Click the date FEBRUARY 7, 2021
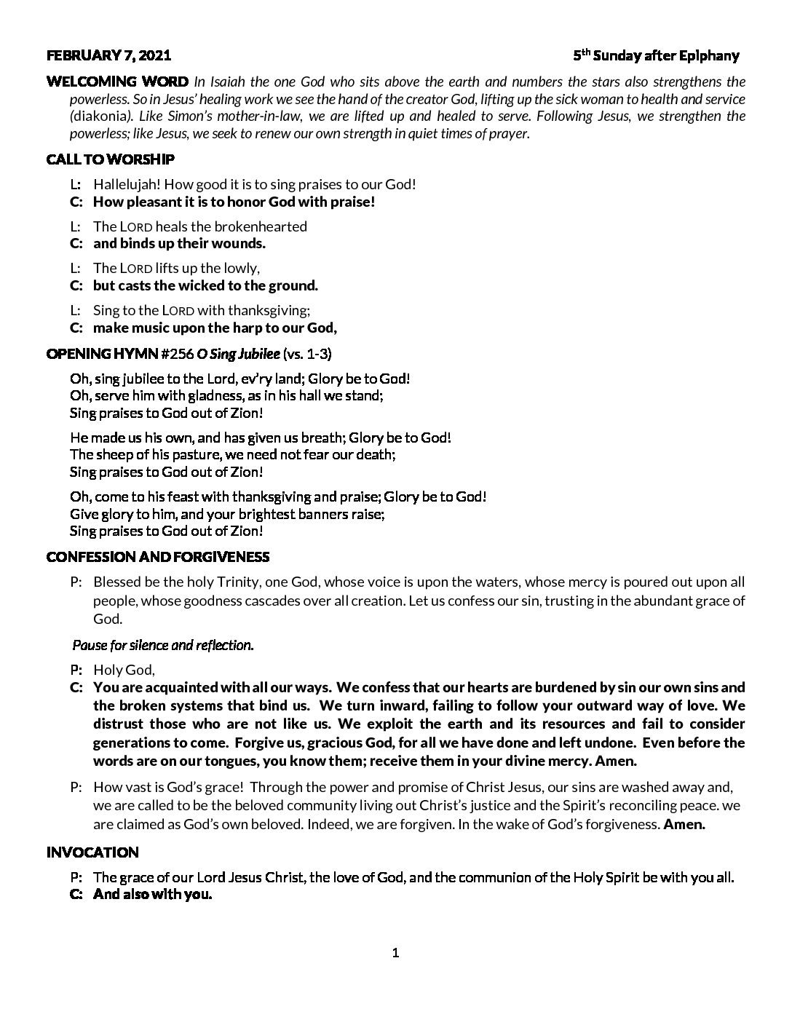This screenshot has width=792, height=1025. [x=109, y=55]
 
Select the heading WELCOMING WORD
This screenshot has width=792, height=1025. [x=117, y=81]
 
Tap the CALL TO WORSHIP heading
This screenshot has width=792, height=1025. [x=110, y=159]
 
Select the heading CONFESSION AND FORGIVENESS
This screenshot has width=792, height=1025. [x=158, y=557]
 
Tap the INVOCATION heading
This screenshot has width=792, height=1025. [x=92, y=852]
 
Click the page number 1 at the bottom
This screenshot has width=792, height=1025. [x=396, y=953]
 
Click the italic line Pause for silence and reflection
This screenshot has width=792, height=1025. [x=163, y=645]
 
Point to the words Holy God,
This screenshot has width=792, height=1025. [x=124, y=670]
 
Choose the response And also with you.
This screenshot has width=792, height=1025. [x=153, y=895]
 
